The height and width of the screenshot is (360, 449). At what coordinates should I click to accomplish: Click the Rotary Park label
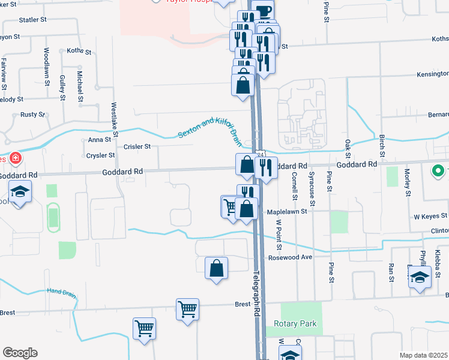(x=295, y=324)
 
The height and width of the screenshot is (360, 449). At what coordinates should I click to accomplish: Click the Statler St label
(x=33, y=20)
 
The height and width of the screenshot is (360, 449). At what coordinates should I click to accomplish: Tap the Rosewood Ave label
(x=291, y=257)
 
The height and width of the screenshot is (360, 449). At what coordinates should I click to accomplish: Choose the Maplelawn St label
(x=287, y=211)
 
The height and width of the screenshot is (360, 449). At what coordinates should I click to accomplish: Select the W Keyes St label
(x=427, y=216)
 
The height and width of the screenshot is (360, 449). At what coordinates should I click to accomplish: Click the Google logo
(x=19, y=353)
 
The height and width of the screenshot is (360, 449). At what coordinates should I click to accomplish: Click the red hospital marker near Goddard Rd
(x=14, y=158)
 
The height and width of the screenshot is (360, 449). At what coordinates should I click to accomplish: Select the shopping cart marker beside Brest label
(x=188, y=310)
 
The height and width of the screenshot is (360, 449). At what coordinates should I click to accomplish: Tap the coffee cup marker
(x=264, y=11)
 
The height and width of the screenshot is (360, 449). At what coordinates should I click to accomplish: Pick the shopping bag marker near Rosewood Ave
(x=217, y=268)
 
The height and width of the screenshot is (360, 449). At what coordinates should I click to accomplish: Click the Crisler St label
(x=137, y=146)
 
